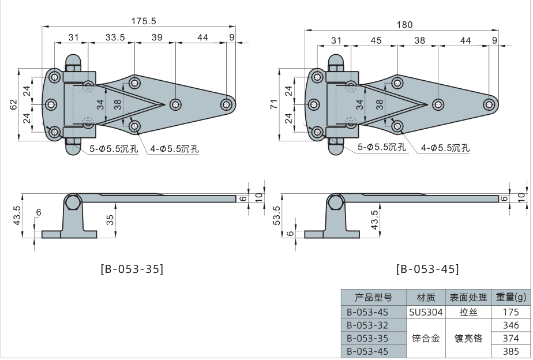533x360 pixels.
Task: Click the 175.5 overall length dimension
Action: [x=144, y=21]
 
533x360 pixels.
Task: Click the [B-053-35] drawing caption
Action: [x=132, y=269]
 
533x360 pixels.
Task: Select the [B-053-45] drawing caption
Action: [x=428, y=269]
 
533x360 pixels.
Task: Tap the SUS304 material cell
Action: [x=425, y=312]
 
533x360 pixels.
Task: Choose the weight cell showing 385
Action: [x=511, y=351]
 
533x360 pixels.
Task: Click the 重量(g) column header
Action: [x=511, y=298]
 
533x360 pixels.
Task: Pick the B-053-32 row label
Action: [x=368, y=325]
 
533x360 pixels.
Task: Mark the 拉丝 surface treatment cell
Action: [x=468, y=312]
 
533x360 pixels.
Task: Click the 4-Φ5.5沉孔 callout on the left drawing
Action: [x=174, y=149]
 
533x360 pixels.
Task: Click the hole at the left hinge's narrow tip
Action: [x=227, y=104]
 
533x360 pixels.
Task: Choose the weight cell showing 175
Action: [x=511, y=312]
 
